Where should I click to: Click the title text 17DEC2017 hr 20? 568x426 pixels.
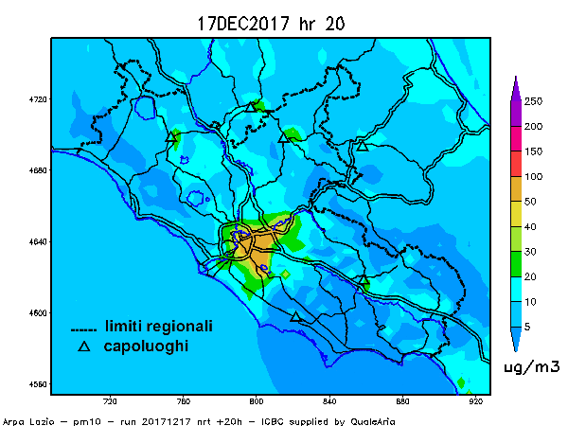[x=270, y=24]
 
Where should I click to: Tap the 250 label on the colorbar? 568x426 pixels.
[x=533, y=101]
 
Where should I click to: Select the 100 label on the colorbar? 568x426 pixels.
[x=533, y=176]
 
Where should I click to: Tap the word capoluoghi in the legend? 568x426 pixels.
[x=146, y=346]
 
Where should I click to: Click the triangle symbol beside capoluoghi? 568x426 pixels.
[x=83, y=347]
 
